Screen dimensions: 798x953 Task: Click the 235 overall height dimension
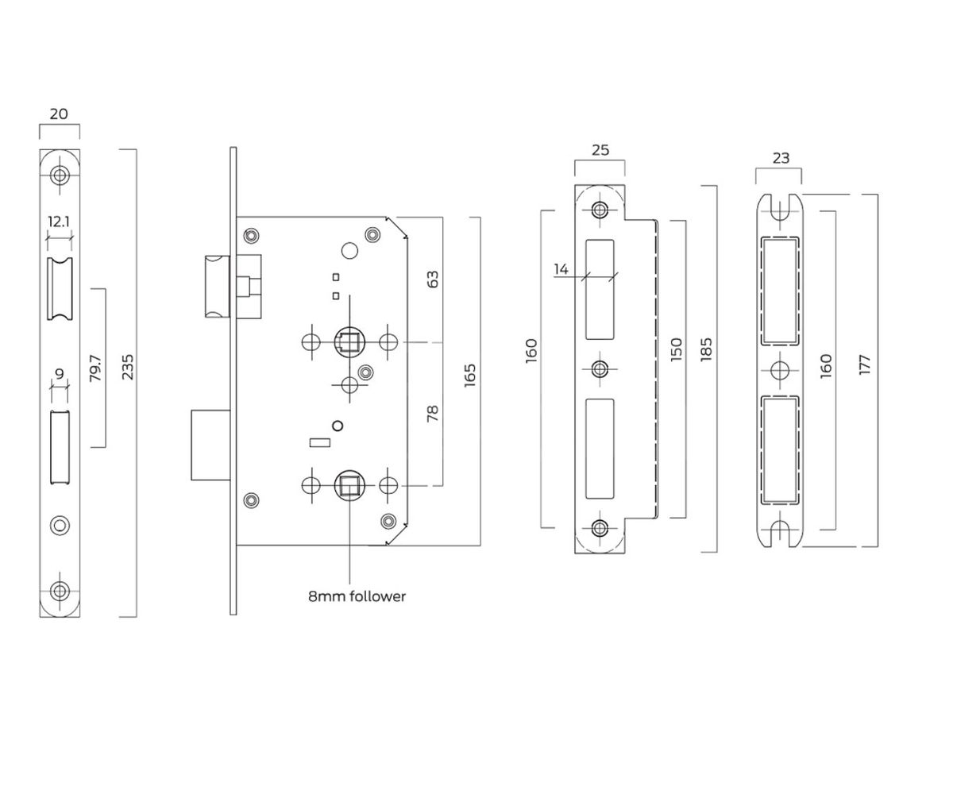tap(128, 368)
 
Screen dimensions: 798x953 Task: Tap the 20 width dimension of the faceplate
tap(59, 114)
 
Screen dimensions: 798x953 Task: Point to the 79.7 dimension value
tap(95, 368)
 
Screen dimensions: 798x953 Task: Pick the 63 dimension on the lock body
tap(433, 279)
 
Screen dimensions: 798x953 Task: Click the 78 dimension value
tap(433, 413)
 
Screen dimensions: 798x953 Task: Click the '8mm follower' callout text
tap(357, 596)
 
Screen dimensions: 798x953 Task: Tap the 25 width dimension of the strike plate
tap(600, 149)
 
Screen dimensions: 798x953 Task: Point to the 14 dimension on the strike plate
tap(561, 269)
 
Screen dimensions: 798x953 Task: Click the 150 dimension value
tap(676, 349)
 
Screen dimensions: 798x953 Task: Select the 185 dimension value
tap(707, 350)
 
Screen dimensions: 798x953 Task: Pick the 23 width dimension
tap(781, 158)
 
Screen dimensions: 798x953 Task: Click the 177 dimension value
tap(865, 364)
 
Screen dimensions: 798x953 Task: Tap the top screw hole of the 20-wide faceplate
tap(60, 175)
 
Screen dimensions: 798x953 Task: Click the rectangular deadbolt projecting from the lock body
tap(210, 445)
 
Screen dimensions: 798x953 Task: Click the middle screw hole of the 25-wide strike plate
tap(600, 368)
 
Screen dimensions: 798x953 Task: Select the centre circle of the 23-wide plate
tap(781, 370)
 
